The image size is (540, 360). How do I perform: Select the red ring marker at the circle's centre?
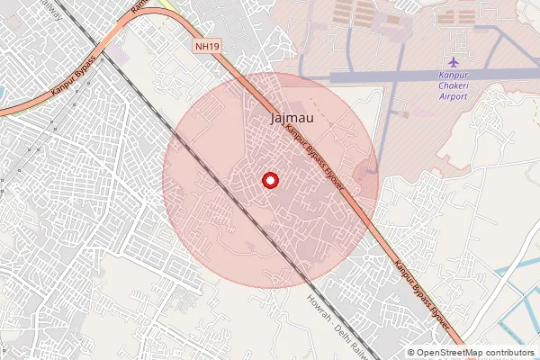click(269, 180)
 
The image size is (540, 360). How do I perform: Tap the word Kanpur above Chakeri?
click(453, 76)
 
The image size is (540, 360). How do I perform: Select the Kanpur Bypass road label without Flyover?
click(74, 86)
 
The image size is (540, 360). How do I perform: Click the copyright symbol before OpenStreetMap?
click(410, 353)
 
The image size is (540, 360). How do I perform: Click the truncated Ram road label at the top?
click(139, 5)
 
